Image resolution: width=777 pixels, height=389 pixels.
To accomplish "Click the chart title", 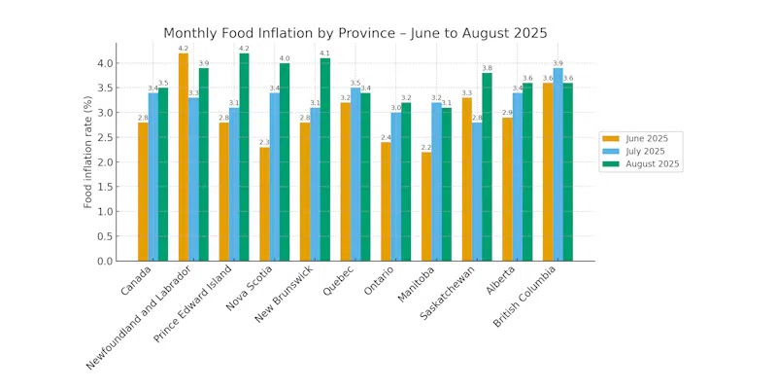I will (355, 33).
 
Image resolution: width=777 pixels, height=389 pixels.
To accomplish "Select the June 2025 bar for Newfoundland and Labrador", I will (184, 157).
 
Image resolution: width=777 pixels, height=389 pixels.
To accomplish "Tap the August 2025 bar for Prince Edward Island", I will (244, 157).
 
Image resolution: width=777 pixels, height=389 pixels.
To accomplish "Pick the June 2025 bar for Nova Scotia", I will (264, 203).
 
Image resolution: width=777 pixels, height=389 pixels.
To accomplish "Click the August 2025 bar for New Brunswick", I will (324, 159).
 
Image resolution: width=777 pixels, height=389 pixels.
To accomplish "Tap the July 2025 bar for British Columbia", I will (557, 164).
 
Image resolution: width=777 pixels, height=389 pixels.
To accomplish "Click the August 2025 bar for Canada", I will (163, 174).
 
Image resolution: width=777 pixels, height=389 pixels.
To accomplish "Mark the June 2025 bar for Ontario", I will (386, 201).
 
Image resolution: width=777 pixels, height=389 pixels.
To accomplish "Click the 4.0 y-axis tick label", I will (105, 63).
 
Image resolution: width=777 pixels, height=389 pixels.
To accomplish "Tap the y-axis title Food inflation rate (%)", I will (88, 152).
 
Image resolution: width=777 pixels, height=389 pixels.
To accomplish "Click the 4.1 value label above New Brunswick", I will (324, 53).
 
